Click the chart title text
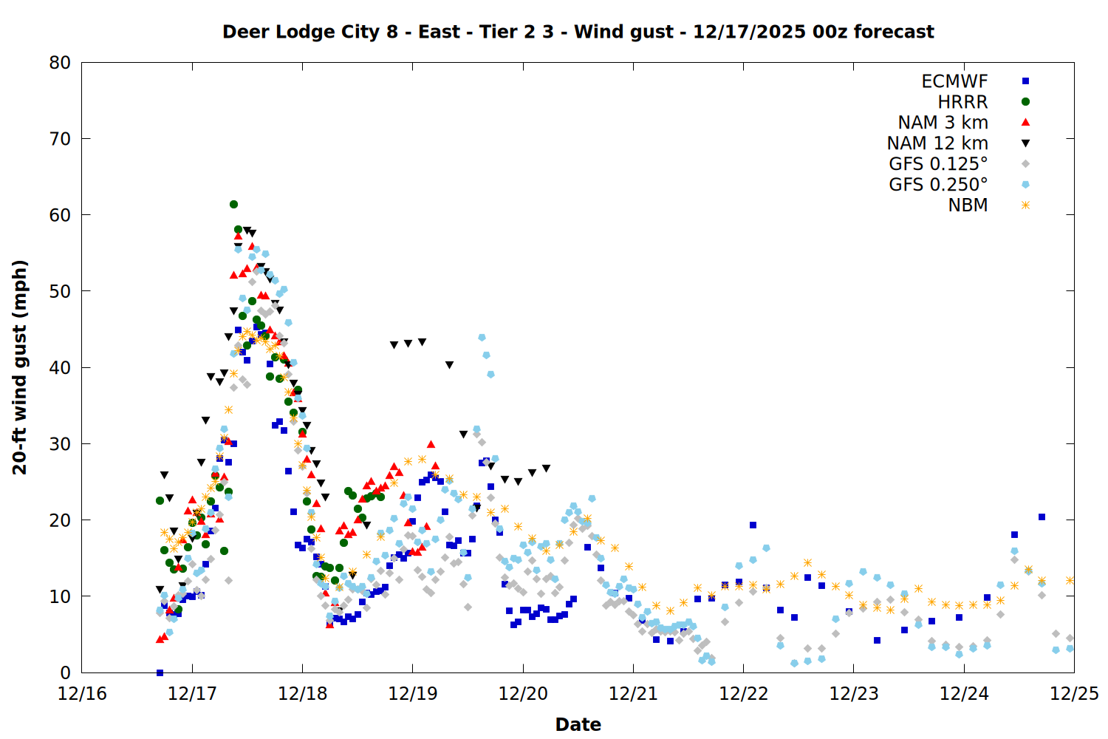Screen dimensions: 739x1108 578,32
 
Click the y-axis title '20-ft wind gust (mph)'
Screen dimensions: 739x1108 20,367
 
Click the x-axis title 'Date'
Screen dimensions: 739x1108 578,724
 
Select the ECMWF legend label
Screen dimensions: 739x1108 954,81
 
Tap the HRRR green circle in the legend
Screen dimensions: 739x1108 1025,102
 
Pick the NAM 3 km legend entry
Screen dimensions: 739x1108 943,123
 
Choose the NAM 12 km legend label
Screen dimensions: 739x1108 937,143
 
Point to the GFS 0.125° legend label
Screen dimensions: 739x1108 938,164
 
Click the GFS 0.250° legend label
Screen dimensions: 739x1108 938,185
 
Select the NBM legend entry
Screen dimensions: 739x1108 968,205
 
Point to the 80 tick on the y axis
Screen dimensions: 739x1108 60,63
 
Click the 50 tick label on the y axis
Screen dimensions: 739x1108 60,291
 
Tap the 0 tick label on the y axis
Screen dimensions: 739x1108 66,672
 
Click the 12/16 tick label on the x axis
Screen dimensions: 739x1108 82,694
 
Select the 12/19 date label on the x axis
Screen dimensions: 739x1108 412,694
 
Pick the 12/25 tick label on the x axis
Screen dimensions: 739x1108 1074,694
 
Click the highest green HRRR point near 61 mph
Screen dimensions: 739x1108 233,204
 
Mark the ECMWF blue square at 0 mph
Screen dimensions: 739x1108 160,672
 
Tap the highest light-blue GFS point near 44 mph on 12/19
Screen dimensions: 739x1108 482,337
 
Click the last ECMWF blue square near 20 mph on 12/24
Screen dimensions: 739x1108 1042,517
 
